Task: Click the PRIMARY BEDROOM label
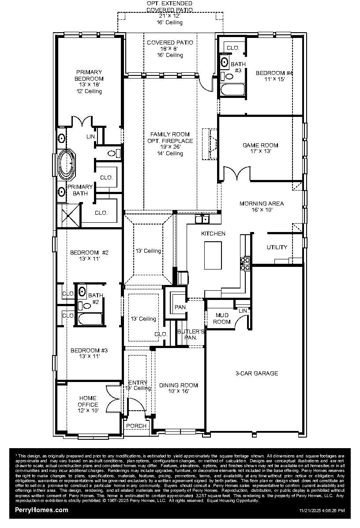(89, 75)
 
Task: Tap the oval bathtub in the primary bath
(67, 164)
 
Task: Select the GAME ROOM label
(260, 145)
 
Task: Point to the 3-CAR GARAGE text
(256, 373)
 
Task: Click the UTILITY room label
(277, 247)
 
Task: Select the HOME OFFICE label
(88, 401)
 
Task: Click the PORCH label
(136, 426)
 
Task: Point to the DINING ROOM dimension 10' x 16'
(178, 391)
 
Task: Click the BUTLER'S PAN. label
(191, 334)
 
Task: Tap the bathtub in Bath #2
(90, 319)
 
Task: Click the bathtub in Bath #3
(232, 90)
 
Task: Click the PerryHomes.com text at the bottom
(42, 510)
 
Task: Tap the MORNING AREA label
(262, 203)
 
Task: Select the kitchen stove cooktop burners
(245, 264)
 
